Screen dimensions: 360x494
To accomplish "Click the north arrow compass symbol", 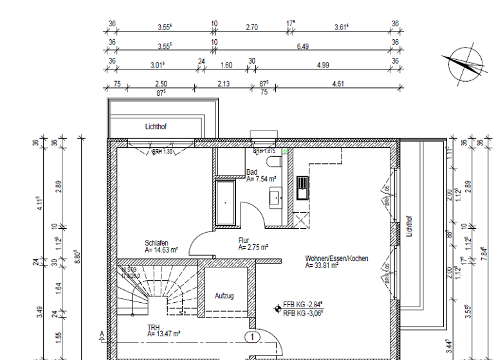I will coord(464,64).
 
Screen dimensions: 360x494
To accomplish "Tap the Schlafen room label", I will coord(157,243).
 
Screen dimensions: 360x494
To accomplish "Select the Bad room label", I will coord(252,172).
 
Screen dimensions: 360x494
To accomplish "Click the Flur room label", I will coord(244,239).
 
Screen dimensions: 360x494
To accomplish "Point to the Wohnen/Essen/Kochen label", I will coord(336,258).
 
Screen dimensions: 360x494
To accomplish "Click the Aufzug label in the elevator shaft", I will coord(224,296).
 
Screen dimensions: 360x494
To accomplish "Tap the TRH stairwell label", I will coord(154,327).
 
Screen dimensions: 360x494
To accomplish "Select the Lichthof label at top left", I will coord(156,127).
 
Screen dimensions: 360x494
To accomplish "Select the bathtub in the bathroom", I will coord(226,202).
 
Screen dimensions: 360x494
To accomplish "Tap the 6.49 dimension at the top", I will coord(302,46).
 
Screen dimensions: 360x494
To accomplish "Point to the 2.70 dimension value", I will coord(252,28).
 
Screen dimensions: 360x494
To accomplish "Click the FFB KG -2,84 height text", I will coord(302,305).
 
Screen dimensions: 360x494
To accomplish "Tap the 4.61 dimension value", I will coord(337,84).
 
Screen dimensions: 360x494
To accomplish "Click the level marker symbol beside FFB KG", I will coord(277,309).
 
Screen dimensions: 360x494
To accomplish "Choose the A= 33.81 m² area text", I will coord(322,265).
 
